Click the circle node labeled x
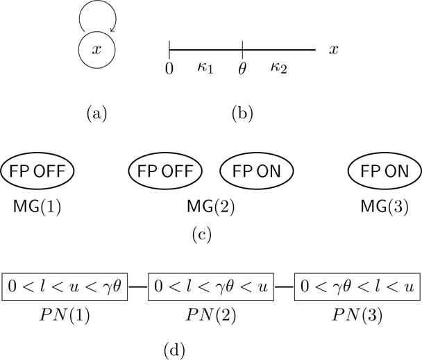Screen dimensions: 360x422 tap(96, 49)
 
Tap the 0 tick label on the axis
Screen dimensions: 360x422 tap(169, 69)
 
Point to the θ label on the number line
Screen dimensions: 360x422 tap(242, 69)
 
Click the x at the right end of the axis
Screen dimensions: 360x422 tap(334, 49)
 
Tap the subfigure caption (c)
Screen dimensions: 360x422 tap(202, 234)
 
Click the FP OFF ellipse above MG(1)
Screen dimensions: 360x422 tap(37, 171)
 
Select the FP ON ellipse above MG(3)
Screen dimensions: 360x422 tap(383, 171)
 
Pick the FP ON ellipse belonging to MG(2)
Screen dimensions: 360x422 tap(256, 171)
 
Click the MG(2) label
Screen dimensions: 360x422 tap(211, 206)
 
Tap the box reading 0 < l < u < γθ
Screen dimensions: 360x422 tap(65, 286)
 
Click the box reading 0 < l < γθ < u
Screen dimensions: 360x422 tap(211, 286)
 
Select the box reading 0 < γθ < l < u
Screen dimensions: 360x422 tap(356, 286)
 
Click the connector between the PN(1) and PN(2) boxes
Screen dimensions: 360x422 tap(138, 286)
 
